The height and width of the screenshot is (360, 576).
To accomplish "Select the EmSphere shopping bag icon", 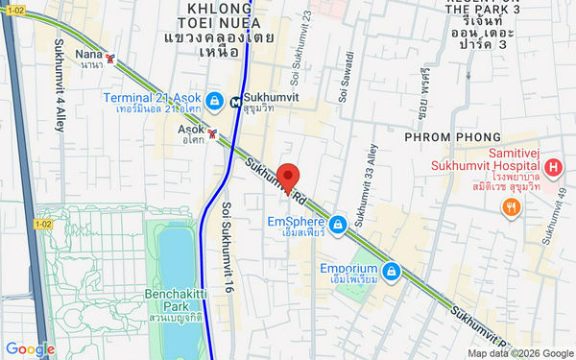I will pos(337,226).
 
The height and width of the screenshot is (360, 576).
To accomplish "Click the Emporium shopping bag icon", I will pos(390,273).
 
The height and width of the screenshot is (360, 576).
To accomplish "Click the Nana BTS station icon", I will pos(112,58).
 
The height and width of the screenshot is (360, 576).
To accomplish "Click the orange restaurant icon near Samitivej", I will pos(512,205).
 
